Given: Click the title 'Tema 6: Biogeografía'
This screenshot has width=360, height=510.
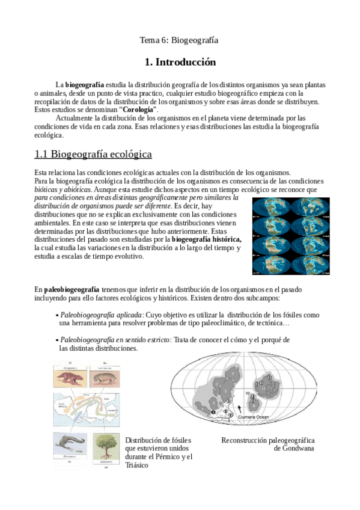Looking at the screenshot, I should [x=178, y=40].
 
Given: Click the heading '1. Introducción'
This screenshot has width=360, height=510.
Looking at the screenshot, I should [x=180, y=63].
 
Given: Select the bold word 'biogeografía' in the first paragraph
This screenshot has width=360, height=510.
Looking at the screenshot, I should [x=84, y=85].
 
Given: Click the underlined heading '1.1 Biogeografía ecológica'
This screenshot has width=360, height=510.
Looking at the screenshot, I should [x=93, y=155].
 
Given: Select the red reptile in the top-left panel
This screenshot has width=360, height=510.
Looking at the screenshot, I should [x=71, y=378].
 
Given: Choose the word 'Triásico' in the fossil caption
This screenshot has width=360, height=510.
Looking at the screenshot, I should [x=136, y=465].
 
